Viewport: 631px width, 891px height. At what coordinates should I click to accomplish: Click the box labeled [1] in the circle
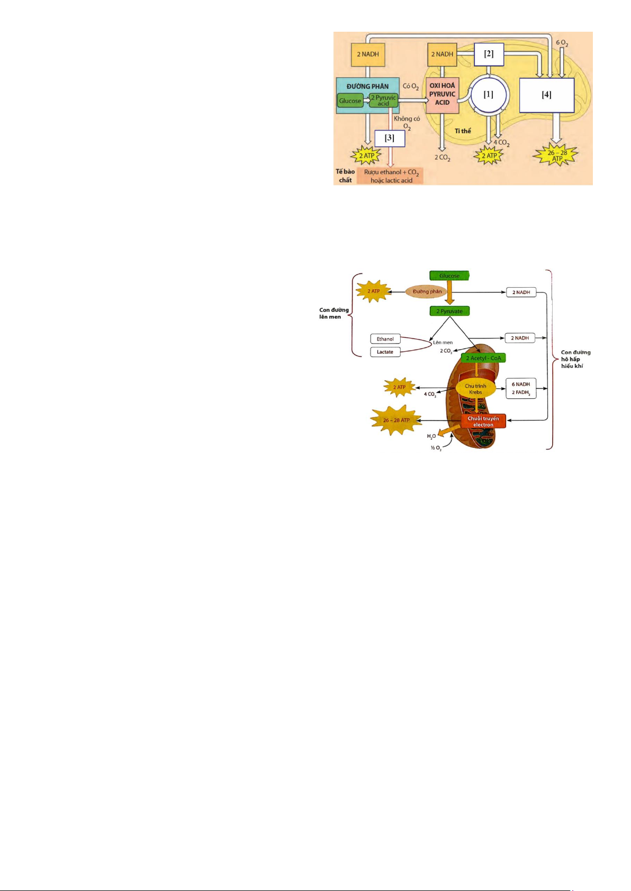click(488, 95)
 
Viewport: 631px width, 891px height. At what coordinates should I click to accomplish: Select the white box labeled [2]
click(489, 54)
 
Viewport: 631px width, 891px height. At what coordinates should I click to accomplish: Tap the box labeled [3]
click(390, 138)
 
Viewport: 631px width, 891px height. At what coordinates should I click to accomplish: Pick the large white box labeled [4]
click(546, 95)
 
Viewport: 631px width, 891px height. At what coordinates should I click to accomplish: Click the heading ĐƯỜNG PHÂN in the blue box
click(367, 86)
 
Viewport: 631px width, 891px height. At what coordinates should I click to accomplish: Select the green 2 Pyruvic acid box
click(383, 100)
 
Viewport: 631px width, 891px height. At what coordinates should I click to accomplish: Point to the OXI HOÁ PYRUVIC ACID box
click(442, 94)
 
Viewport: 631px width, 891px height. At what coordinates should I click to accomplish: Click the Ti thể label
click(463, 131)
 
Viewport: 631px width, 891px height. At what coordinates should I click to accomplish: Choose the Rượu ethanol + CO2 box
click(391, 176)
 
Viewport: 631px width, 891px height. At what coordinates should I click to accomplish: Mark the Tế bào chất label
click(345, 176)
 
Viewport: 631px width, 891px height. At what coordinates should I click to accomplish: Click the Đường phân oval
click(427, 291)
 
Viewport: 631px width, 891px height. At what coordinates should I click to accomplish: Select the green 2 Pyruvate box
click(449, 311)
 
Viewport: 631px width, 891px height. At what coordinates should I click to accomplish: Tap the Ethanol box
click(385, 339)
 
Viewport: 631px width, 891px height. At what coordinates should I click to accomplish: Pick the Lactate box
click(385, 352)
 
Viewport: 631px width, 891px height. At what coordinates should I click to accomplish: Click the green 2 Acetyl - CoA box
click(483, 358)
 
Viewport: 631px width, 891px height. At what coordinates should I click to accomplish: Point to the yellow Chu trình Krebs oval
click(475, 389)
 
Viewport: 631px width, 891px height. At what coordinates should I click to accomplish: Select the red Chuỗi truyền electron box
click(483, 421)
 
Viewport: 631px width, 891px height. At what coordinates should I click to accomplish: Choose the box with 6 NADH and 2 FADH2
click(521, 388)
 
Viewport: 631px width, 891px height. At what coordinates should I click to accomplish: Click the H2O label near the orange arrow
click(431, 436)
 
